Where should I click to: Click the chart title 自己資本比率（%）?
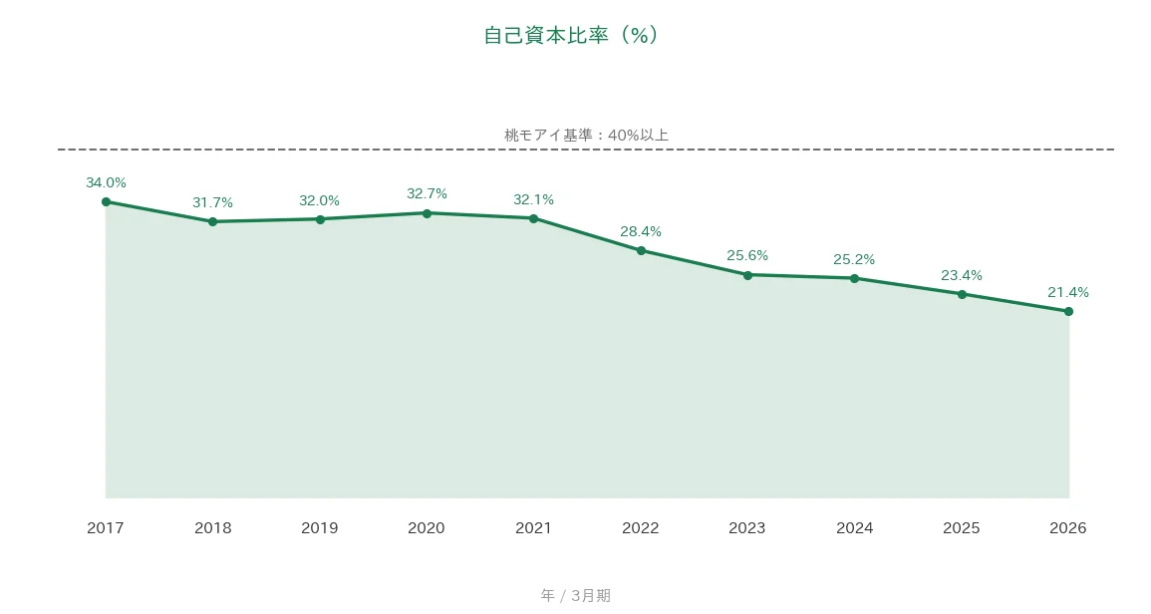[572, 35]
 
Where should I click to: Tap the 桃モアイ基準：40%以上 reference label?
[586, 136]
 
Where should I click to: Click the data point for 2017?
[106, 202]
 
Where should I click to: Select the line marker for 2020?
[427, 213]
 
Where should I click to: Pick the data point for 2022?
[641, 250]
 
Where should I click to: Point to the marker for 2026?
[1068, 311]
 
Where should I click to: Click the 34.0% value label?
[106, 182]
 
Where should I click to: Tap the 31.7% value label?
[213, 202]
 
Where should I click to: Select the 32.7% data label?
[427, 194]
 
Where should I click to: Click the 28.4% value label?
[641, 232]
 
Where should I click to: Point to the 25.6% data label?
[747, 255]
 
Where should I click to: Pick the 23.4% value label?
[962, 275]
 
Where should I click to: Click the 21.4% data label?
[1068, 292]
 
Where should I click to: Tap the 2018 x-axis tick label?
[213, 528]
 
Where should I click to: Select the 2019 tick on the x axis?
[319, 528]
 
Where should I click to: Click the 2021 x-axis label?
[534, 528]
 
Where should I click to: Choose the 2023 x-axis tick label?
[747, 528]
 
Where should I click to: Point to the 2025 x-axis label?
[962, 528]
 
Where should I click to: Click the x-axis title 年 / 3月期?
[576, 596]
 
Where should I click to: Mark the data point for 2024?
[854, 278]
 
